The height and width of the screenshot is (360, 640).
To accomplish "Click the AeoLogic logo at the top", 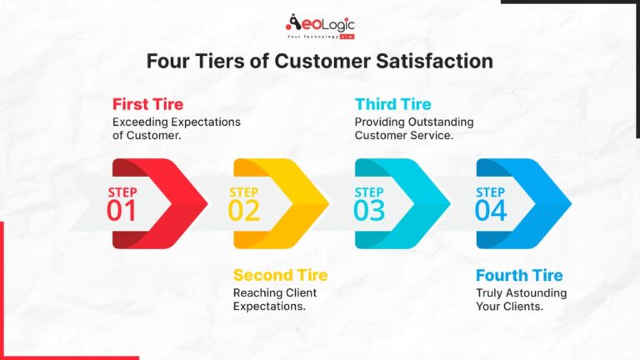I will tap(320, 27).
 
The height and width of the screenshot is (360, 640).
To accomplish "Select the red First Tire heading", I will tap(148, 105).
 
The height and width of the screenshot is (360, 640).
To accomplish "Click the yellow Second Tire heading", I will tap(280, 275).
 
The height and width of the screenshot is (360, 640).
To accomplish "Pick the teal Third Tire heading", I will tap(393, 105).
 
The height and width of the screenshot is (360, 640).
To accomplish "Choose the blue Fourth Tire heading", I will tap(519, 275).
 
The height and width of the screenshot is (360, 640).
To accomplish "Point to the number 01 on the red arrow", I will tap(122, 211).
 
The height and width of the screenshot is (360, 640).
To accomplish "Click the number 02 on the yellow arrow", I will tap(244, 211).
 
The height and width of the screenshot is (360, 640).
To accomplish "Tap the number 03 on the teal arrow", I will tap(368, 211).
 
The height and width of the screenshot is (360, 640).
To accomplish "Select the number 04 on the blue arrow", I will tap(490, 211).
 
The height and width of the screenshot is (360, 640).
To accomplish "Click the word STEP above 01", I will tap(122, 192).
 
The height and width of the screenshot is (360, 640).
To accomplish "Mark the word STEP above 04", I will tap(490, 192).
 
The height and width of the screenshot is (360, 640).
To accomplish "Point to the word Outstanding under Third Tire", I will tap(443, 122).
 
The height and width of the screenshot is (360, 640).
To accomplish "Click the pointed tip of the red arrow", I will tap(206, 203).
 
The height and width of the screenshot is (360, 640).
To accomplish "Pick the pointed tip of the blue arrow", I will tap(570, 203).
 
